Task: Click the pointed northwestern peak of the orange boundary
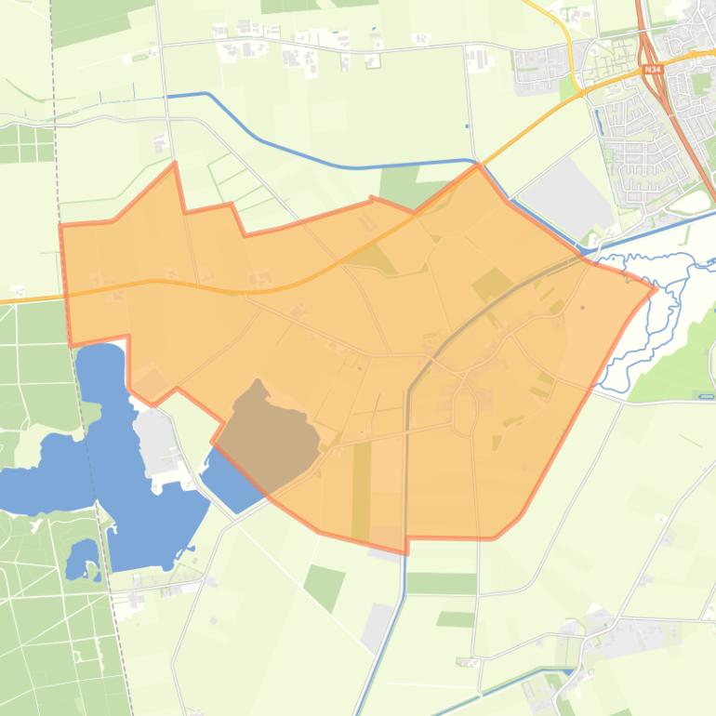175,165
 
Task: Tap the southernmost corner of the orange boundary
406,552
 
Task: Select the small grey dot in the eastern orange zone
583,307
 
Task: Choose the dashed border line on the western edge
93,465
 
